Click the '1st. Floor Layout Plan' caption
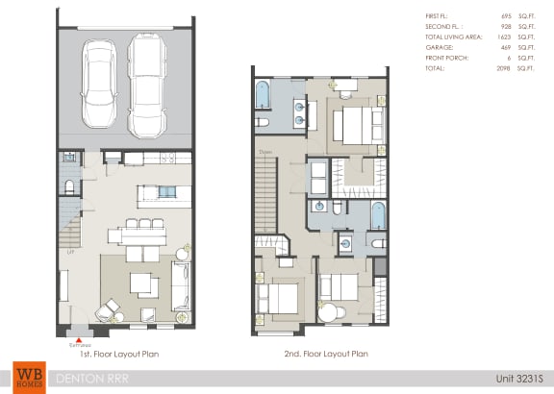tap(120, 354)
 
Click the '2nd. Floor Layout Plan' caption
tap(328, 354)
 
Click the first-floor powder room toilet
tap(67, 186)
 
